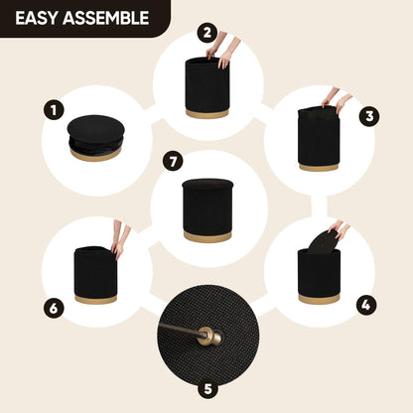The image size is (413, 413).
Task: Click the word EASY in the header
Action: [x=36, y=18]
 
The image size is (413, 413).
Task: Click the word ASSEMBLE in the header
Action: [x=106, y=18]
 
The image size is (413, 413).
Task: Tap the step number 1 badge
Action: [x=54, y=110]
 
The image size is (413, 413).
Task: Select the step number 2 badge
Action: [x=207, y=33]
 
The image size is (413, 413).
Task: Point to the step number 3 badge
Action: [x=369, y=116]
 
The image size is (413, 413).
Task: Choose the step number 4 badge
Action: [x=366, y=305]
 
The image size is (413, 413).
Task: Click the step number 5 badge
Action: [x=207, y=389]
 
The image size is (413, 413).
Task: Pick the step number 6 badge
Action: [x=54, y=309]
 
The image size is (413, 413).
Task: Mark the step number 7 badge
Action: [x=173, y=162]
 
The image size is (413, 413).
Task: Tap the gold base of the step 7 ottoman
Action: [x=207, y=236]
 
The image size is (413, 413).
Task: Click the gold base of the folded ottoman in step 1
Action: [x=95, y=156]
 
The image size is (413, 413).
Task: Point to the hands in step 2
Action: [x=221, y=49]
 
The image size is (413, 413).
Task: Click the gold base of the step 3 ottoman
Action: [x=319, y=167]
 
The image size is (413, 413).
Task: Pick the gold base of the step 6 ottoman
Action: [x=95, y=299]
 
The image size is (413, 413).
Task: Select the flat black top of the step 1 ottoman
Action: [x=96, y=129]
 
